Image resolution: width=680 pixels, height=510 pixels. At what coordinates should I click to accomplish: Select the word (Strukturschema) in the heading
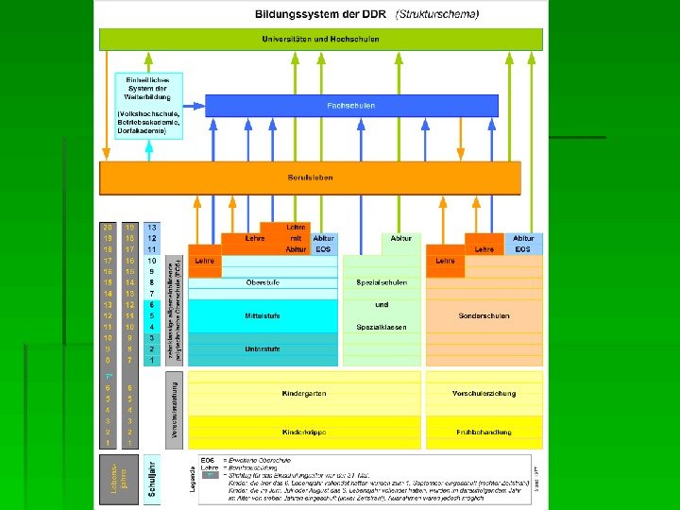click(438, 14)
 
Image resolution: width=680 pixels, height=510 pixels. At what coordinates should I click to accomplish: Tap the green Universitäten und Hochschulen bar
click(321, 39)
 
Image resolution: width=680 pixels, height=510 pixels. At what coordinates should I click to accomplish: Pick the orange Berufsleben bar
click(311, 178)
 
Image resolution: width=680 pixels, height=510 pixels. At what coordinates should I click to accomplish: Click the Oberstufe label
click(262, 282)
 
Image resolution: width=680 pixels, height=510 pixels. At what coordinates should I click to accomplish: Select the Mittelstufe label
click(262, 315)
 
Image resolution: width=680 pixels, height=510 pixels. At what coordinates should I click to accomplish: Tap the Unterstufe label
click(262, 349)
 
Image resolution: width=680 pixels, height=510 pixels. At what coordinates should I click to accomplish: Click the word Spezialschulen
click(382, 282)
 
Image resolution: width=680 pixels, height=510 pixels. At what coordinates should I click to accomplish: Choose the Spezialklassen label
click(382, 327)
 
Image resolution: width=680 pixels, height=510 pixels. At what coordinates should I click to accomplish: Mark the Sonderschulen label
click(484, 315)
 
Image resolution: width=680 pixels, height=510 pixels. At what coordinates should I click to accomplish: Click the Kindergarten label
click(303, 392)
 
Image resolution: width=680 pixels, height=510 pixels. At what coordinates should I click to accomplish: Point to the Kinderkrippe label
click(303, 432)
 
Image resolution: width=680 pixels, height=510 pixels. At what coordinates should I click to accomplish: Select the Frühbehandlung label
click(484, 432)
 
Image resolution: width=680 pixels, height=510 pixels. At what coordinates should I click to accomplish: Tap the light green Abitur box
click(402, 239)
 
